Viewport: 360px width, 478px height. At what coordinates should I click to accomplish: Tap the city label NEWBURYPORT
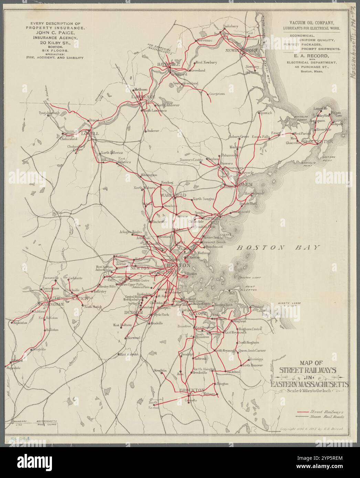pyautogui.click(x=242, y=51)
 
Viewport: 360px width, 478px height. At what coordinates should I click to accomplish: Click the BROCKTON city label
pyautogui.click(x=192, y=390)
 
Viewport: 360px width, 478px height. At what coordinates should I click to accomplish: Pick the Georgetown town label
pyautogui.click(x=216, y=94)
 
